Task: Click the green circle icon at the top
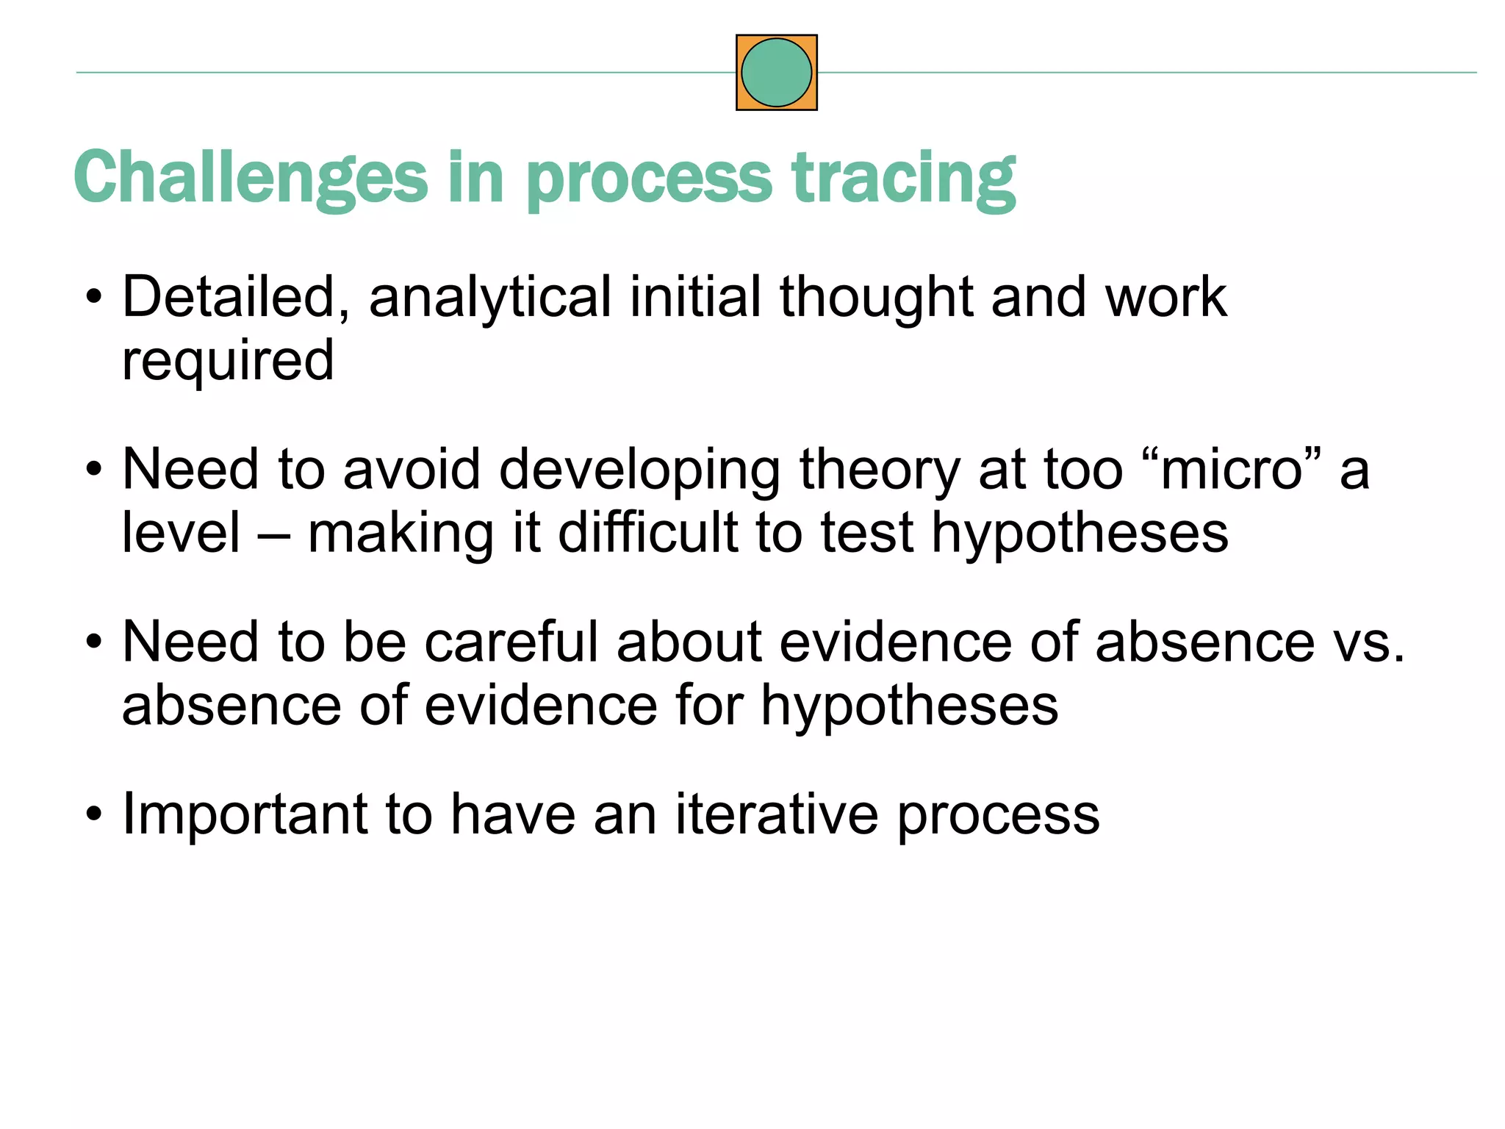coord(776,73)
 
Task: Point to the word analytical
coord(489,297)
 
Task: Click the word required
coord(228,360)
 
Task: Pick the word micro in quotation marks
coord(1232,470)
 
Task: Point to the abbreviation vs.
coord(1368,642)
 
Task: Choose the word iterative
coord(777,814)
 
